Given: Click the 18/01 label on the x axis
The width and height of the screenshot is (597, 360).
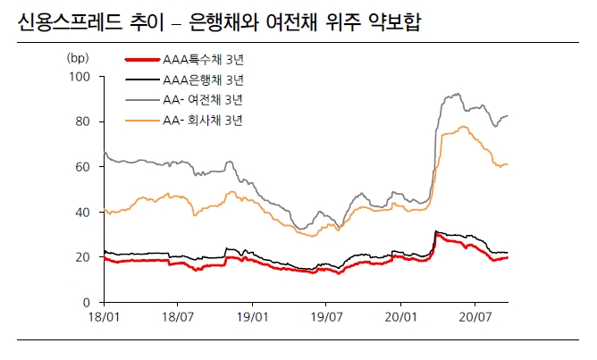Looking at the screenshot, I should click(x=105, y=317).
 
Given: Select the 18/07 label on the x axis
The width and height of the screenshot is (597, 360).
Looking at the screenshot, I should click(x=178, y=317).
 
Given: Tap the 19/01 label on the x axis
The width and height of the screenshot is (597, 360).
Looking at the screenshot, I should click(x=253, y=317).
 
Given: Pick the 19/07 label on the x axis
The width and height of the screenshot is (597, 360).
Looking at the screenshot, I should click(x=326, y=317).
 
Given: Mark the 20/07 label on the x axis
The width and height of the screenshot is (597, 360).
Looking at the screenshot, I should click(x=475, y=317).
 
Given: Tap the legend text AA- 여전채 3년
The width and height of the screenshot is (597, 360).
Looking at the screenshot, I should click(x=204, y=99).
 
